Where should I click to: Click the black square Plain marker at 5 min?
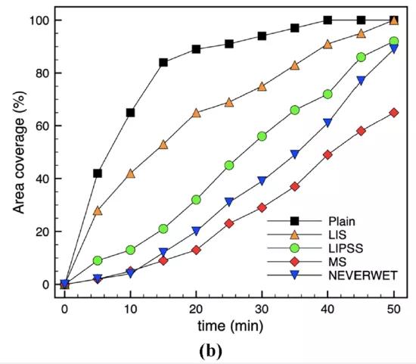coord(98,173)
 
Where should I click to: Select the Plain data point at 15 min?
coord(163,63)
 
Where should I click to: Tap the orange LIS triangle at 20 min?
coord(197,113)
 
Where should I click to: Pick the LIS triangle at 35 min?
coord(295,66)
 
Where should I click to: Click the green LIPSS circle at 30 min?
coord(262,136)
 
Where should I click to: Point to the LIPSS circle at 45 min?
coord(361,58)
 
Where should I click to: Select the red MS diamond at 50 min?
coord(394,113)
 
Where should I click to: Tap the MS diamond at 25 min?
coord(229,223)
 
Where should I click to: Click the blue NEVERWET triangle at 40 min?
coord(328,123)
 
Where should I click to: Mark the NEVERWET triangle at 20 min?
coord(197,231)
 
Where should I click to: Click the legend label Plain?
coord(342,221)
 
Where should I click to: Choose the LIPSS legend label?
coord(346,248)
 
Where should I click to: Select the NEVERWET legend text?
coord(363,275)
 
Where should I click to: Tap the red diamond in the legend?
coord(294,262)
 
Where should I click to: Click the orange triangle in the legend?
coord(294,235)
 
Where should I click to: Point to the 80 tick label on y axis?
coord(42,73)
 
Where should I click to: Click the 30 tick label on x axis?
coord(262,310)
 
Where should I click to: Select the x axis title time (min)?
coord(230,325)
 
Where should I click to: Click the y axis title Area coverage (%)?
coord(20,152)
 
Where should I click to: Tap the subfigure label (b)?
coord(211,351)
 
